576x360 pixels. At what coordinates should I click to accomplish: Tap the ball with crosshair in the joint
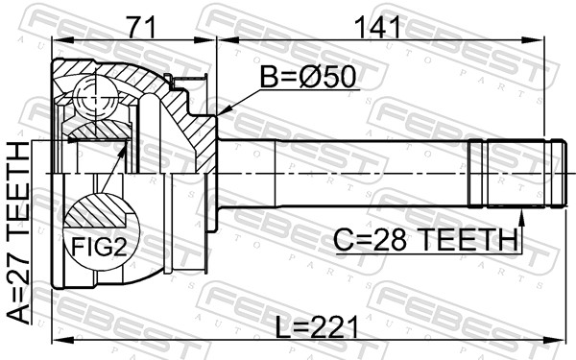[x=93, y=96]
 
